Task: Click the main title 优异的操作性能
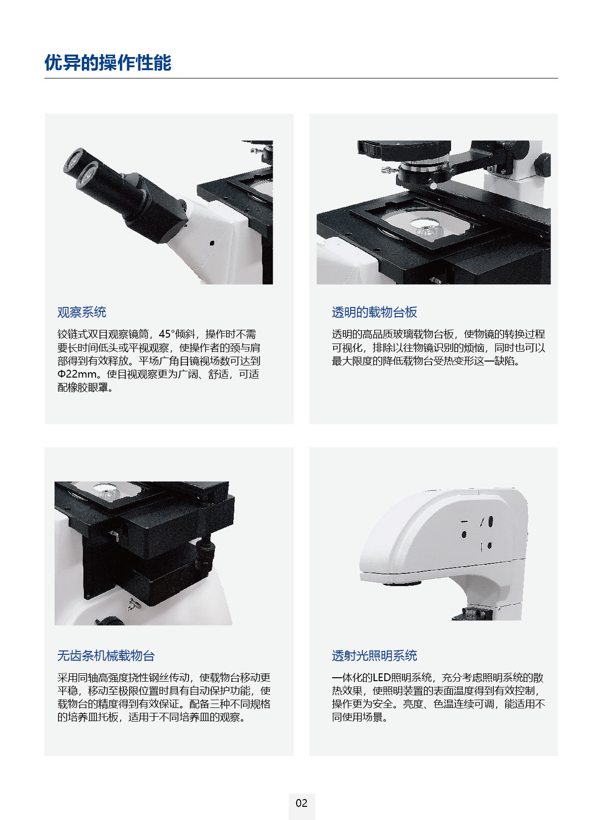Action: [108, 62]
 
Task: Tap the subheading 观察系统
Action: [82, 312]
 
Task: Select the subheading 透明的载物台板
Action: [374, 312]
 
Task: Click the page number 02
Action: [301, 802]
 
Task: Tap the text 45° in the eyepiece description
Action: [167, 334]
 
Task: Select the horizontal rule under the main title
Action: [301, 78]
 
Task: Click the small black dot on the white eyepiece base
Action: [212, 243]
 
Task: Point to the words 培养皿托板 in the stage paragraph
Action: [93, 717]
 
